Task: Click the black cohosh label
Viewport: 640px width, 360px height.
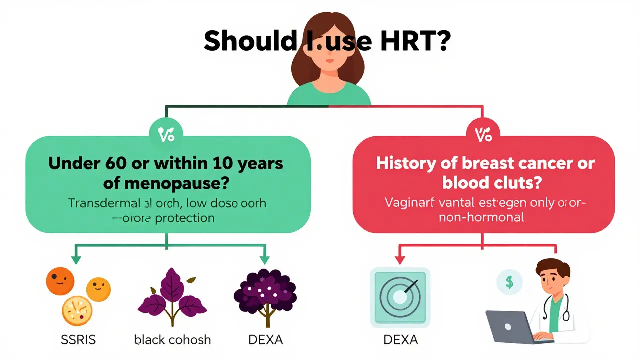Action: [172, 340]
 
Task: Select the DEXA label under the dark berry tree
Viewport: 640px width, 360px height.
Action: [265, 340]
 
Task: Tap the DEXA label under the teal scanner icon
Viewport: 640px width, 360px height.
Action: [400, 340]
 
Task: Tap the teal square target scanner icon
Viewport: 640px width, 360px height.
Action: [400, 297]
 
